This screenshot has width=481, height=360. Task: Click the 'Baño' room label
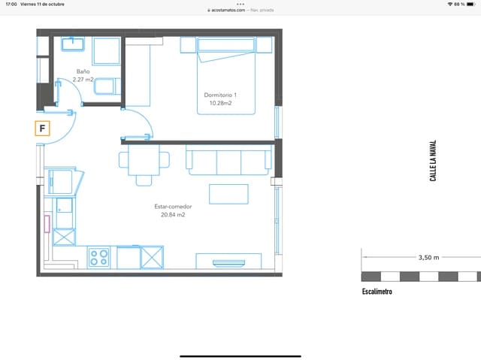pos(83,71)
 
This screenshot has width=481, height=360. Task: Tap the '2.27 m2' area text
pos(83,79)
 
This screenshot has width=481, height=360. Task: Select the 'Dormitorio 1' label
pos(220,95)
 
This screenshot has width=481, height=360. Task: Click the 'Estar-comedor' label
pos(172,206)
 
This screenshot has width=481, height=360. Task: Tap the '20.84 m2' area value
pos(172,214)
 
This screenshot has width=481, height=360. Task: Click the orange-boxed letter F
pos(43,129)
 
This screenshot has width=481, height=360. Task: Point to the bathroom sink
pos(72,43)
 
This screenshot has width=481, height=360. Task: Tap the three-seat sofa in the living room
pos(229,161)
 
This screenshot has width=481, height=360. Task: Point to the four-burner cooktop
pos(99,257)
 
